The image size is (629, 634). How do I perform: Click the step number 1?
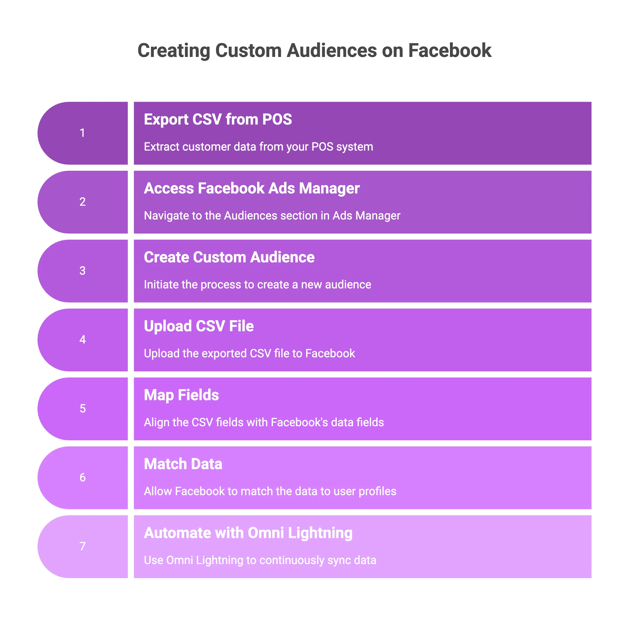pos(82,133)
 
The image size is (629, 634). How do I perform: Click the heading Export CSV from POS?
pos(218,119)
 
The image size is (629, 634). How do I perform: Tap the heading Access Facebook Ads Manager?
pos(251,188)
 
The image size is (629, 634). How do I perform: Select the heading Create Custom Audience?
pos(229,257)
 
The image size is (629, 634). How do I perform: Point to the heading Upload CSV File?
pos(199,326)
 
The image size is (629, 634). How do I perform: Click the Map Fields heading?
pos(181,395)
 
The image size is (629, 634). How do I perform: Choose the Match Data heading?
pos(183,464)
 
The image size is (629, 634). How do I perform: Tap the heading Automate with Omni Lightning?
pos(248,533)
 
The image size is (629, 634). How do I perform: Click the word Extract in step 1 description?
pos(161,147)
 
